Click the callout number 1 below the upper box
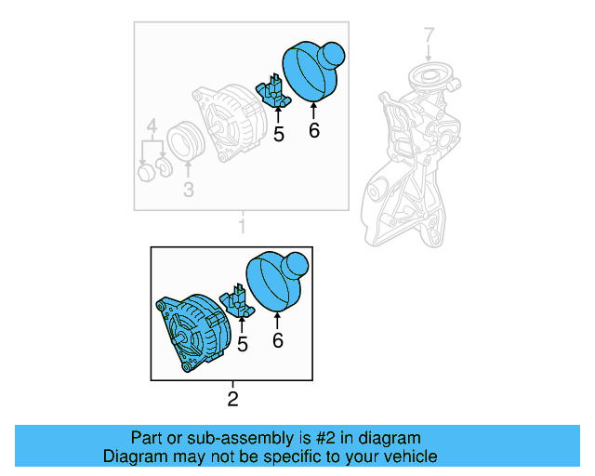point(242,226)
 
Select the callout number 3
point(188,191)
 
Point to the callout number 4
point(151,127)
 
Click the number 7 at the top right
point(429,36)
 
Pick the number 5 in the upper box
point(278,135)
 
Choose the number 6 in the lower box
point(277,340)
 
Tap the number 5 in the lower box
point(242,345)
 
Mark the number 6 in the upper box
point(313,131)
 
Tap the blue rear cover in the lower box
point(275,280)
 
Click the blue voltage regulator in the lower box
point(239,303)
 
